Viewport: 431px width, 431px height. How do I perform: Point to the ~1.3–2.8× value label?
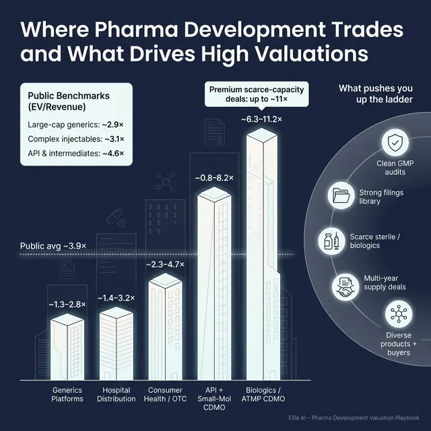67,304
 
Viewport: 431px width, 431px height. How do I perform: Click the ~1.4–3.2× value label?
116,298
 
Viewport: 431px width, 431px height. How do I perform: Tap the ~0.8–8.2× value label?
215,178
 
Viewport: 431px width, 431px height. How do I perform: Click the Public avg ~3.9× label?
54,246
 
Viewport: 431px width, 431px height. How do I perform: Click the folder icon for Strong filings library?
341,196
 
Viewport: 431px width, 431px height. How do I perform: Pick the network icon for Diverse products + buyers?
397,315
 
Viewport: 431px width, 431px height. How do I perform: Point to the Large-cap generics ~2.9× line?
77,125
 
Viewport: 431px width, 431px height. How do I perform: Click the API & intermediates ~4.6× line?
77,154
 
